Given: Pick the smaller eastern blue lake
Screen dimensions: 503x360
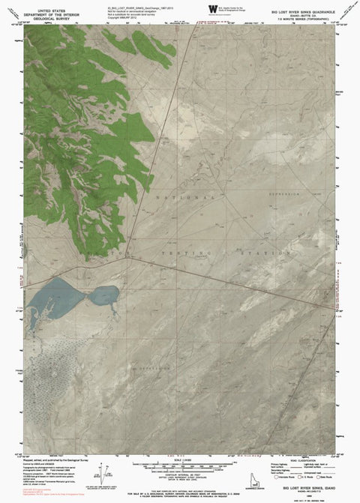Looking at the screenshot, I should point(104,295).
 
